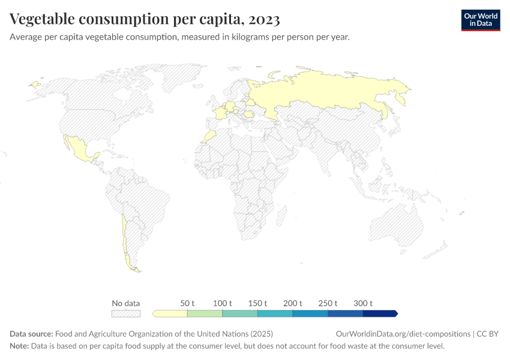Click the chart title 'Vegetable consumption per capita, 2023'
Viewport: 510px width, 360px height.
(145, 20)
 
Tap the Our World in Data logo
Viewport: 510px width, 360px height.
(480, 20)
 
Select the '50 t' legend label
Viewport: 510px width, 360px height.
(187, 303)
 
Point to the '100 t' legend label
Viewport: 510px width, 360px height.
(222, 303)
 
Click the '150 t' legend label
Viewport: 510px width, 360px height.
(257, 303)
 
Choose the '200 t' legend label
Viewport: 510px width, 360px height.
(293, 303)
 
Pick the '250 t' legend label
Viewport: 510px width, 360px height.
(328, 303)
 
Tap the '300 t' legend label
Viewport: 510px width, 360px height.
(363, 303)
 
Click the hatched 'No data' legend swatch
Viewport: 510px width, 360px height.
(126, 313)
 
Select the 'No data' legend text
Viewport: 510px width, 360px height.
(126, 303)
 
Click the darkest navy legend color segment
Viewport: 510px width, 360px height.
(379, 313)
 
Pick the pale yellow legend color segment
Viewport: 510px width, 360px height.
(170, 313)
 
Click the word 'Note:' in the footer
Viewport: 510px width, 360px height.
(20, 346)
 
